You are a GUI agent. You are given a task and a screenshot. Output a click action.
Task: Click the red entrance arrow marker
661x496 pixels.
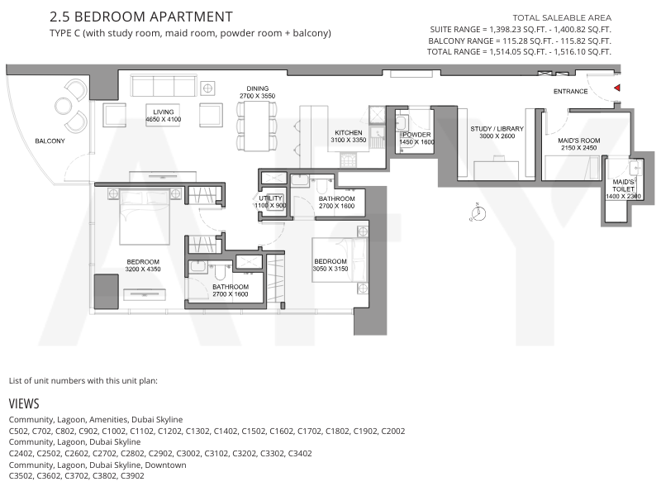point(616,88)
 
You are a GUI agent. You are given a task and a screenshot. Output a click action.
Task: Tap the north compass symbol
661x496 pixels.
point(478,212)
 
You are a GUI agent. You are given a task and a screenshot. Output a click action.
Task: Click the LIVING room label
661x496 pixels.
point(163,112)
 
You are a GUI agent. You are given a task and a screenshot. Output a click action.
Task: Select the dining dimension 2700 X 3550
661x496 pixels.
point(257,96)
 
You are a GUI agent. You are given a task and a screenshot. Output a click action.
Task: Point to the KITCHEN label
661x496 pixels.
point(348,132)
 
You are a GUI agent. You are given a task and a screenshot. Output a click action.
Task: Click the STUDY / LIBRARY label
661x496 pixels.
point(497,129)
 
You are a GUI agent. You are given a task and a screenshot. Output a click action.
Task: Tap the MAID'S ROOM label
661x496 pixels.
point(579,141)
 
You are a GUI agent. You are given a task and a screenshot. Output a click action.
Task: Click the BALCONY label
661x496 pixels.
point(50,141)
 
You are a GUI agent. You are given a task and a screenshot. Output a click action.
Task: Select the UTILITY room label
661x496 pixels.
point(270,198)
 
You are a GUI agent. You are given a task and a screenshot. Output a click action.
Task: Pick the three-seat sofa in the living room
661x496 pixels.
point(164,86)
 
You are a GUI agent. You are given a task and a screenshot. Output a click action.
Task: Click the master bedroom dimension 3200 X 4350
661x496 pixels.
point(143,269)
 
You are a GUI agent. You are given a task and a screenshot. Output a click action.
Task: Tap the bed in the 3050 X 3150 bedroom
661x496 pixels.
point(340,260)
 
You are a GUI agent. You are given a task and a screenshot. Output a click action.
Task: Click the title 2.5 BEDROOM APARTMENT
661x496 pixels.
point(141,17)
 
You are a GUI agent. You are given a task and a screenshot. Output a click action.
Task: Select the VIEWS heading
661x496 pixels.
point(24,403)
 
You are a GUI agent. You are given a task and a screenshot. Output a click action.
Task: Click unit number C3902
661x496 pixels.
point(132,476)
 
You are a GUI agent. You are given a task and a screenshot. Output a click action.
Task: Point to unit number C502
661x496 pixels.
point(18,431)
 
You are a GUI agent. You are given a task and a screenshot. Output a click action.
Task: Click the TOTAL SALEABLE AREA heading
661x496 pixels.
point(562,17)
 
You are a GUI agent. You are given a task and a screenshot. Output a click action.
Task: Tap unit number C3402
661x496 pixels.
point(300,453)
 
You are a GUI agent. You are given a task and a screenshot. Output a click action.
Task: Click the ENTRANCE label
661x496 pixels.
point(570,91)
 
